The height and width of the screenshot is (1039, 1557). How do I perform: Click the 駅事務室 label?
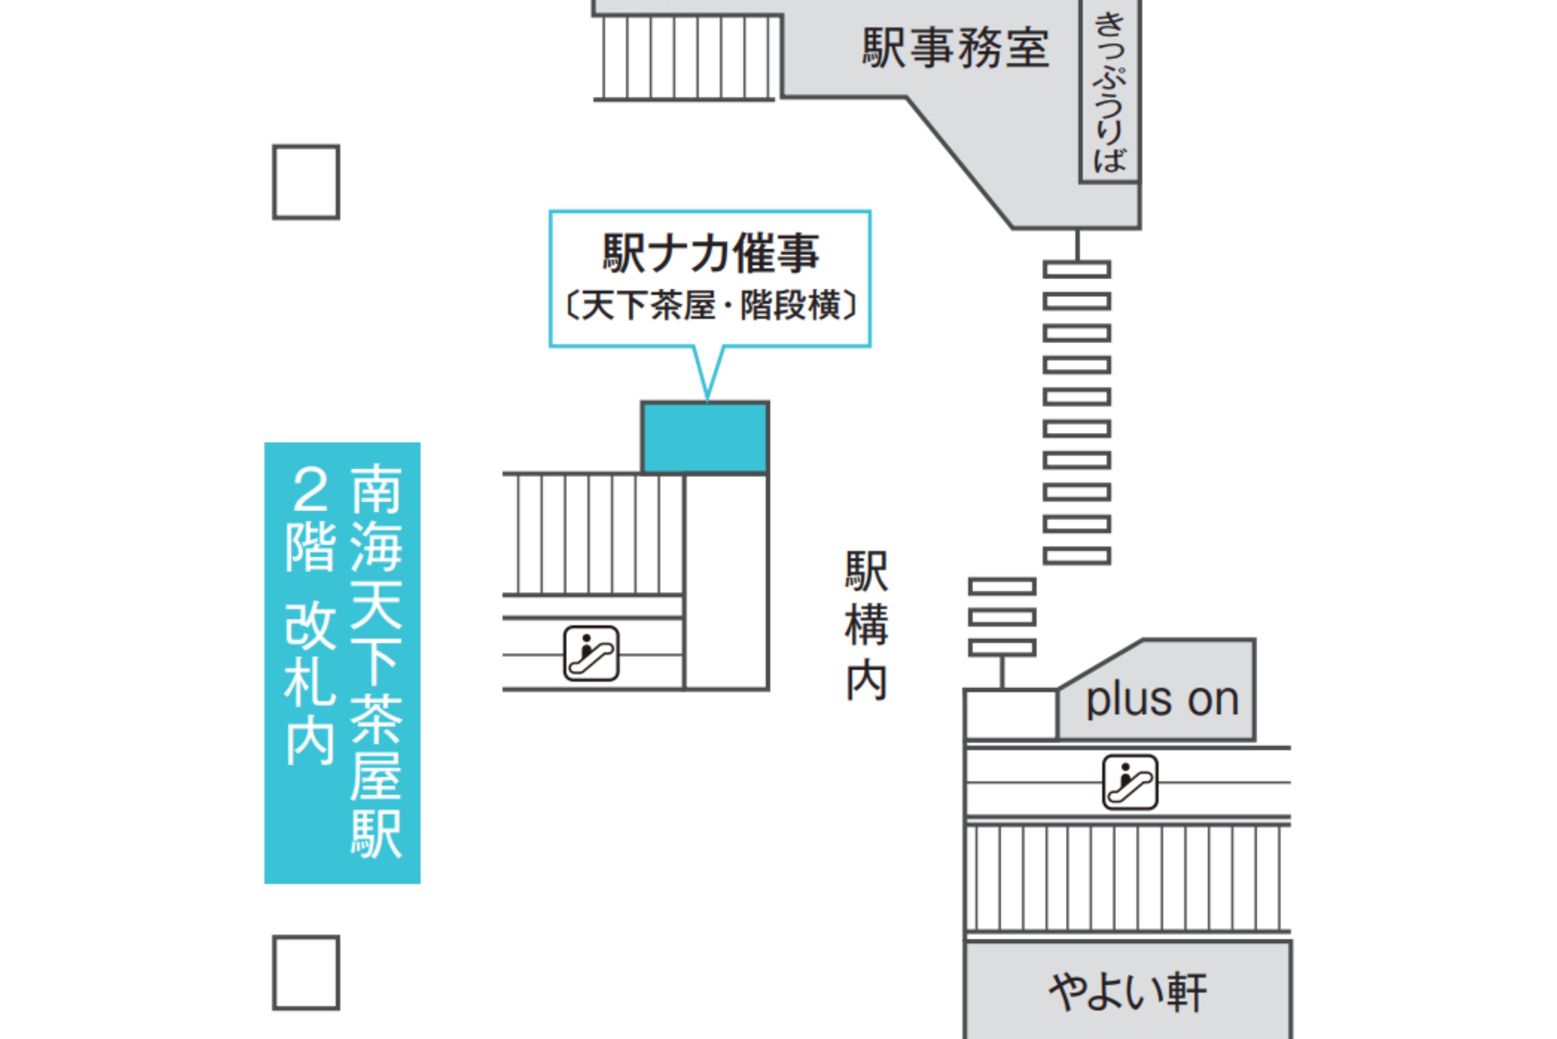[x=955, y=49]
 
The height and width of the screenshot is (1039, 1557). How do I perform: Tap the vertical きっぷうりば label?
[x=1109, y=93]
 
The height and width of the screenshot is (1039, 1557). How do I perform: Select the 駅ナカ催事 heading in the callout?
[x=710, y=253]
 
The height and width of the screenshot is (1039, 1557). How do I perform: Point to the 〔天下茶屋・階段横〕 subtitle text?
[x=710, y=305]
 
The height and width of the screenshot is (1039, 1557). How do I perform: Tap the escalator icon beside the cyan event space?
[x=591, y=654]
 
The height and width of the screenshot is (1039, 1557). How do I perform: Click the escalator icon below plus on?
[x=1130, y=782]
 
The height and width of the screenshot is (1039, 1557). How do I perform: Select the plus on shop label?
[x=1162, y=700]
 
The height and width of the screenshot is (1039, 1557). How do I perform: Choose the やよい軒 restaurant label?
[x=1128, y=992]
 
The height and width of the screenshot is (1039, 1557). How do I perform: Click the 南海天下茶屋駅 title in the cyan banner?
[x=376, y=661]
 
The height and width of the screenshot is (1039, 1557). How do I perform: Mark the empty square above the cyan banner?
[x=306, y=182]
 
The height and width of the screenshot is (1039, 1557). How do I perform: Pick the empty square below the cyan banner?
[x=306, y=972]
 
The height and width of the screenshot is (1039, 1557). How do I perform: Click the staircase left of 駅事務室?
[x=687, y=58]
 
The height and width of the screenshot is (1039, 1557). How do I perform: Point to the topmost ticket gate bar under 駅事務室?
[x=1077, y=269]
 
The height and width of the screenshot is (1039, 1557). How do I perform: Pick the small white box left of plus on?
[x=1010, y=714]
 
